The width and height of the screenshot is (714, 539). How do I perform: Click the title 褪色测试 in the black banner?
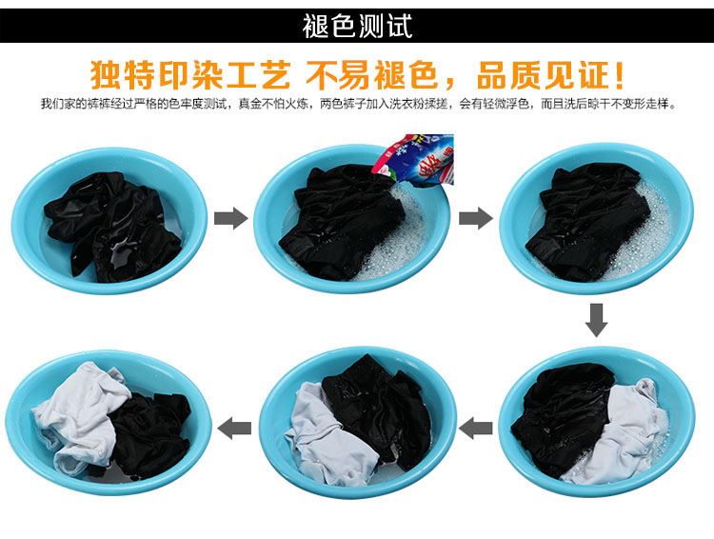pos(357,26)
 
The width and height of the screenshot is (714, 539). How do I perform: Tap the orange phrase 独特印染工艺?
pos(190,74)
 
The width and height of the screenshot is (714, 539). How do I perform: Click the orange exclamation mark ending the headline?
pos(619,74)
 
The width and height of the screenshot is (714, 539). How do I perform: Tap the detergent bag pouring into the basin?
pos(415,160)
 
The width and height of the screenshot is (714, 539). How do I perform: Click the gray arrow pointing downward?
pos(596,320)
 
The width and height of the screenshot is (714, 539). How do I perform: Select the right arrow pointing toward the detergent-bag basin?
pos(230,218)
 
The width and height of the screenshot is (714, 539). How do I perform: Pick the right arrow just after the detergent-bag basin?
pos(475,218)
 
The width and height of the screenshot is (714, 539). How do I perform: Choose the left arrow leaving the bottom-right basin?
pos(476,429)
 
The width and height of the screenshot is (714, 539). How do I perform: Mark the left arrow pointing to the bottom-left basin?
pos(234,429)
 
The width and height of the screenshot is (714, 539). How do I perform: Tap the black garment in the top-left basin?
pos(114,226)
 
